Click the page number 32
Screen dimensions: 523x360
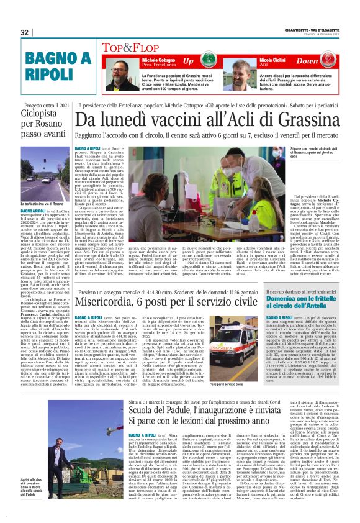[25, 32]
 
